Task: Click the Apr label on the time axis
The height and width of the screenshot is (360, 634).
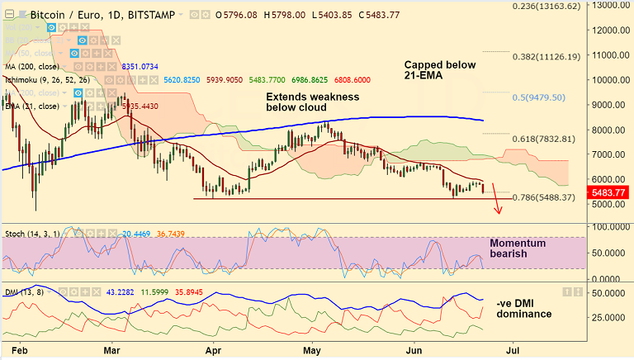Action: pyautogui.click(x=214, y=350)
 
